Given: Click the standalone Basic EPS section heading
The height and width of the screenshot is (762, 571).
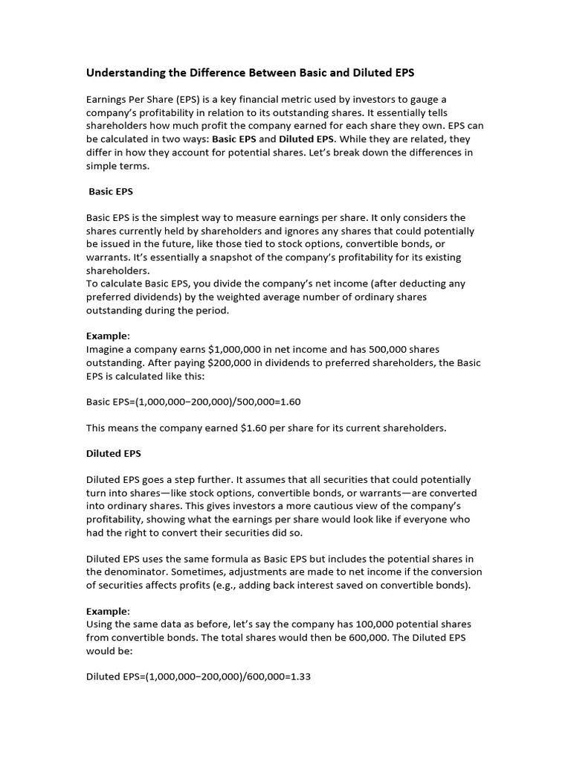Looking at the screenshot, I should pos(111,191).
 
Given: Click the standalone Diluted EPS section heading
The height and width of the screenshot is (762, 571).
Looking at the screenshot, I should pos(114,453).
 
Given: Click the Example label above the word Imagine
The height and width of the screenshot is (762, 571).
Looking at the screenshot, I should pos(107,336).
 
